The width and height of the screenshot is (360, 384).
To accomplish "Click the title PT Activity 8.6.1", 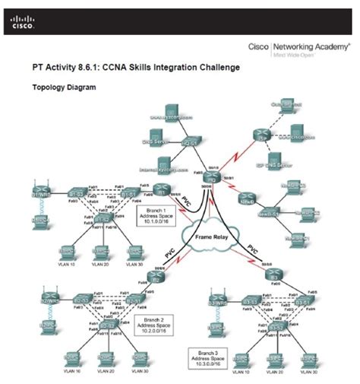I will [x=136, y=68].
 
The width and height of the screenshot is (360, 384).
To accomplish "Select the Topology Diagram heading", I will [x=64, y=87].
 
